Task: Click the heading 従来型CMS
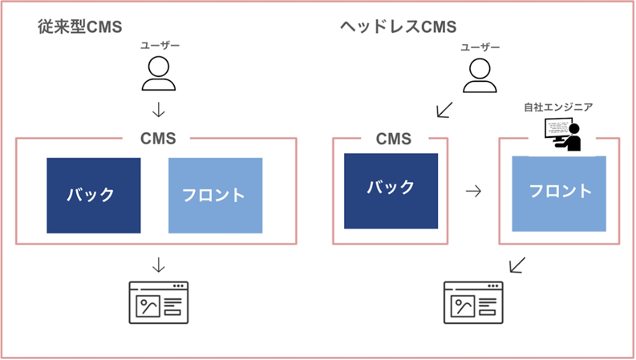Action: click(79, 27)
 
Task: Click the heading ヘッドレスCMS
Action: click(397, 27)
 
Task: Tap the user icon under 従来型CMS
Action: click(158, 74)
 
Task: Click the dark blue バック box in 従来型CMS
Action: click(93, 196)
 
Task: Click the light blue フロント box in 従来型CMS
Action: click(215, 196)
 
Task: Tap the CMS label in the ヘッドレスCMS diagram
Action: click(393, 139)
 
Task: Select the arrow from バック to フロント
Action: click(474, 192)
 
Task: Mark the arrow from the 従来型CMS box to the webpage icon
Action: click(158, 264)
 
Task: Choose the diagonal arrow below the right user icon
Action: click(444, 109)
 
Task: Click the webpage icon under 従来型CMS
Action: click(158, 302)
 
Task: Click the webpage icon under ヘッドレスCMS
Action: click(474, 302)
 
